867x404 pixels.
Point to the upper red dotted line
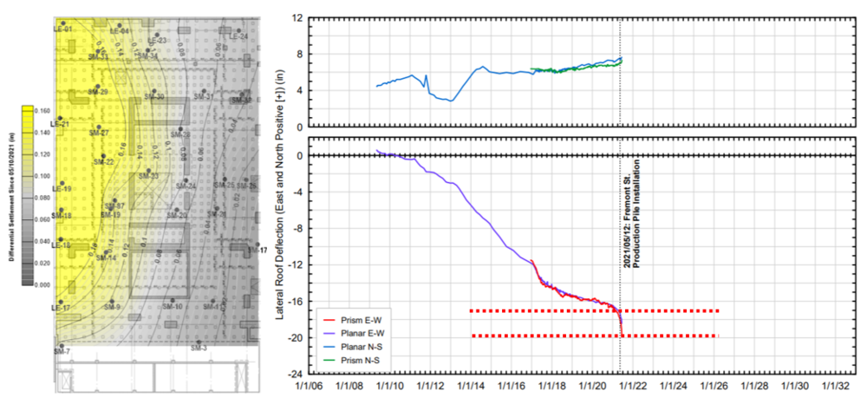(x=594, y=310)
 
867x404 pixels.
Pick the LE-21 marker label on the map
(x=62, y=124)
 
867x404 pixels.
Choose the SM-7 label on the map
(x=62, y=350)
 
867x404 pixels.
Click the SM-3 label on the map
(x=199, y=348)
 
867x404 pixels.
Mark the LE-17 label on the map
(x=62, y=308)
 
